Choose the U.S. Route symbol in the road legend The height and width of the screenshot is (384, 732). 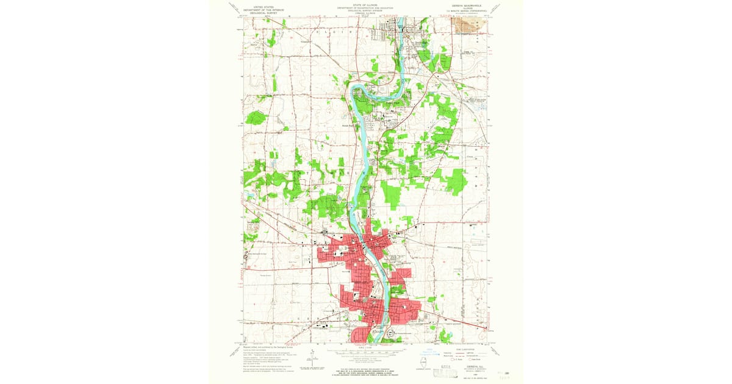click(448, 360)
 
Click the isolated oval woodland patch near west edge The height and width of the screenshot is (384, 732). click(256, 117)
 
